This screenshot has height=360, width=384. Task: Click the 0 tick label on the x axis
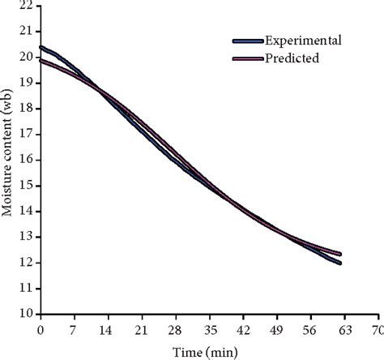coord(40,330)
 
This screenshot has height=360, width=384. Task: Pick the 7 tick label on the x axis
coord(74,330)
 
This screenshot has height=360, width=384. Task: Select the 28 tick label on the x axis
coord(175,330)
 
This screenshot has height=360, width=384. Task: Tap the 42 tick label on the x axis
coord(242,330)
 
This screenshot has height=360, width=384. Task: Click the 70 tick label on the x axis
coord(376,330)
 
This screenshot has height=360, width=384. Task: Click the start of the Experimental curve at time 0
coord(41,47)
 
